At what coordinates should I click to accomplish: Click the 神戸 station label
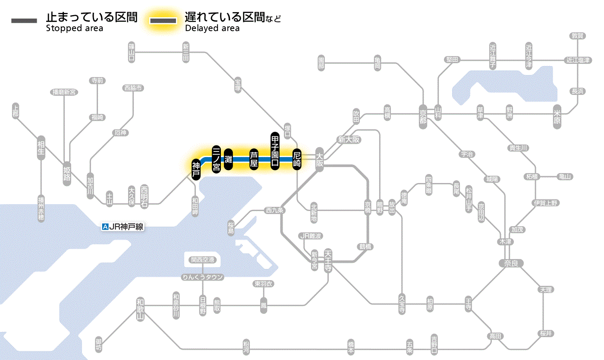(x=196, y=169)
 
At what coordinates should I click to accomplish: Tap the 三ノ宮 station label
(x=217, y=159)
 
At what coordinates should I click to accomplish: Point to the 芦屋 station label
(x=254, y=159)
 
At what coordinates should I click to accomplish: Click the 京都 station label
(x=423, y=115)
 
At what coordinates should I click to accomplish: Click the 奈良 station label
(x=510, y=263)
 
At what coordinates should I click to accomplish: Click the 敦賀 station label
(x=577, y=36)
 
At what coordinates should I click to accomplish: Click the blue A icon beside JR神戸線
(x=105, y=227)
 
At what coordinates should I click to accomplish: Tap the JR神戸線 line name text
(x=126, y=227)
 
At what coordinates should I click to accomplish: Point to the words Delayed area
(x=212, y=28)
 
